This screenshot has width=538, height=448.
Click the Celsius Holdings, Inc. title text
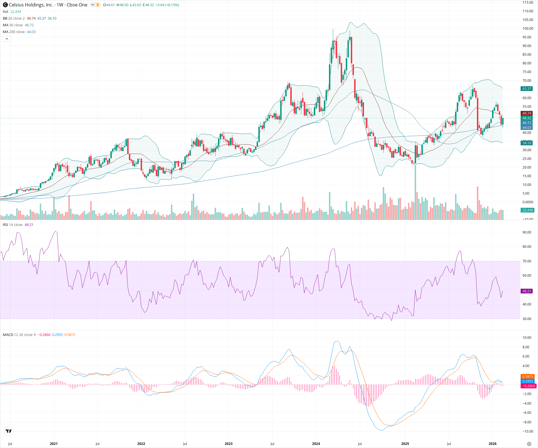pyautogui.click(x=31, y=5)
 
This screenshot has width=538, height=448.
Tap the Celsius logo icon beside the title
pyautogui.click(x=5, y=5)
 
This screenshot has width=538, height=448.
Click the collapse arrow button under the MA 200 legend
pyautogui.click(x=7, y=39)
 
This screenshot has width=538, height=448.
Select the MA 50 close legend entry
pyautogui.click(x=13, y=25)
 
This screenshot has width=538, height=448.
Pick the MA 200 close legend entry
pyautogui.click(x=14, y=32)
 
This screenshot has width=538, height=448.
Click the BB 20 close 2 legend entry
pyautogui.click(x=14, y=18)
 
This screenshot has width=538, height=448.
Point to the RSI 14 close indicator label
pyautogui.click(x=13, y=225)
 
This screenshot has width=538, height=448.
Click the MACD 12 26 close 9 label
pyautogui.click(x=19, y=335)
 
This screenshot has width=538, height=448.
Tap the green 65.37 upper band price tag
pyautogui.click(x=527, y=89)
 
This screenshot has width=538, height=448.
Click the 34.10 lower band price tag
pyautogui.click(x=527, y=143)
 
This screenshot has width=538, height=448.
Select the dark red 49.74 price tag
pyautogui.click(x=527, y=113)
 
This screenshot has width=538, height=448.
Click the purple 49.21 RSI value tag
pyautogui.click(x=527, y=291)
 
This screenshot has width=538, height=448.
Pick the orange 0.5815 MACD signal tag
pyautogui.click(x=528, y=377)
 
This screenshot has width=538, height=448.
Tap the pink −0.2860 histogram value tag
pyautogui.click(x=528, y=386)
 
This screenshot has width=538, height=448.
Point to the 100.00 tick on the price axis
pyautogui.click(x=528, y=28)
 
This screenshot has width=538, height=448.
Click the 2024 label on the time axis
pyautogui.click(x=316, y=444)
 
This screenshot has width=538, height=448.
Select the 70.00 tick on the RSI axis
pyautogui.click(x=527, y=261)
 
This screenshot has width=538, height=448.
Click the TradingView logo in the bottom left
pyautogui.click(x=9, y=431)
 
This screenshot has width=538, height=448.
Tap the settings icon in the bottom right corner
pyautogui.click(x=529, y=444)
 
